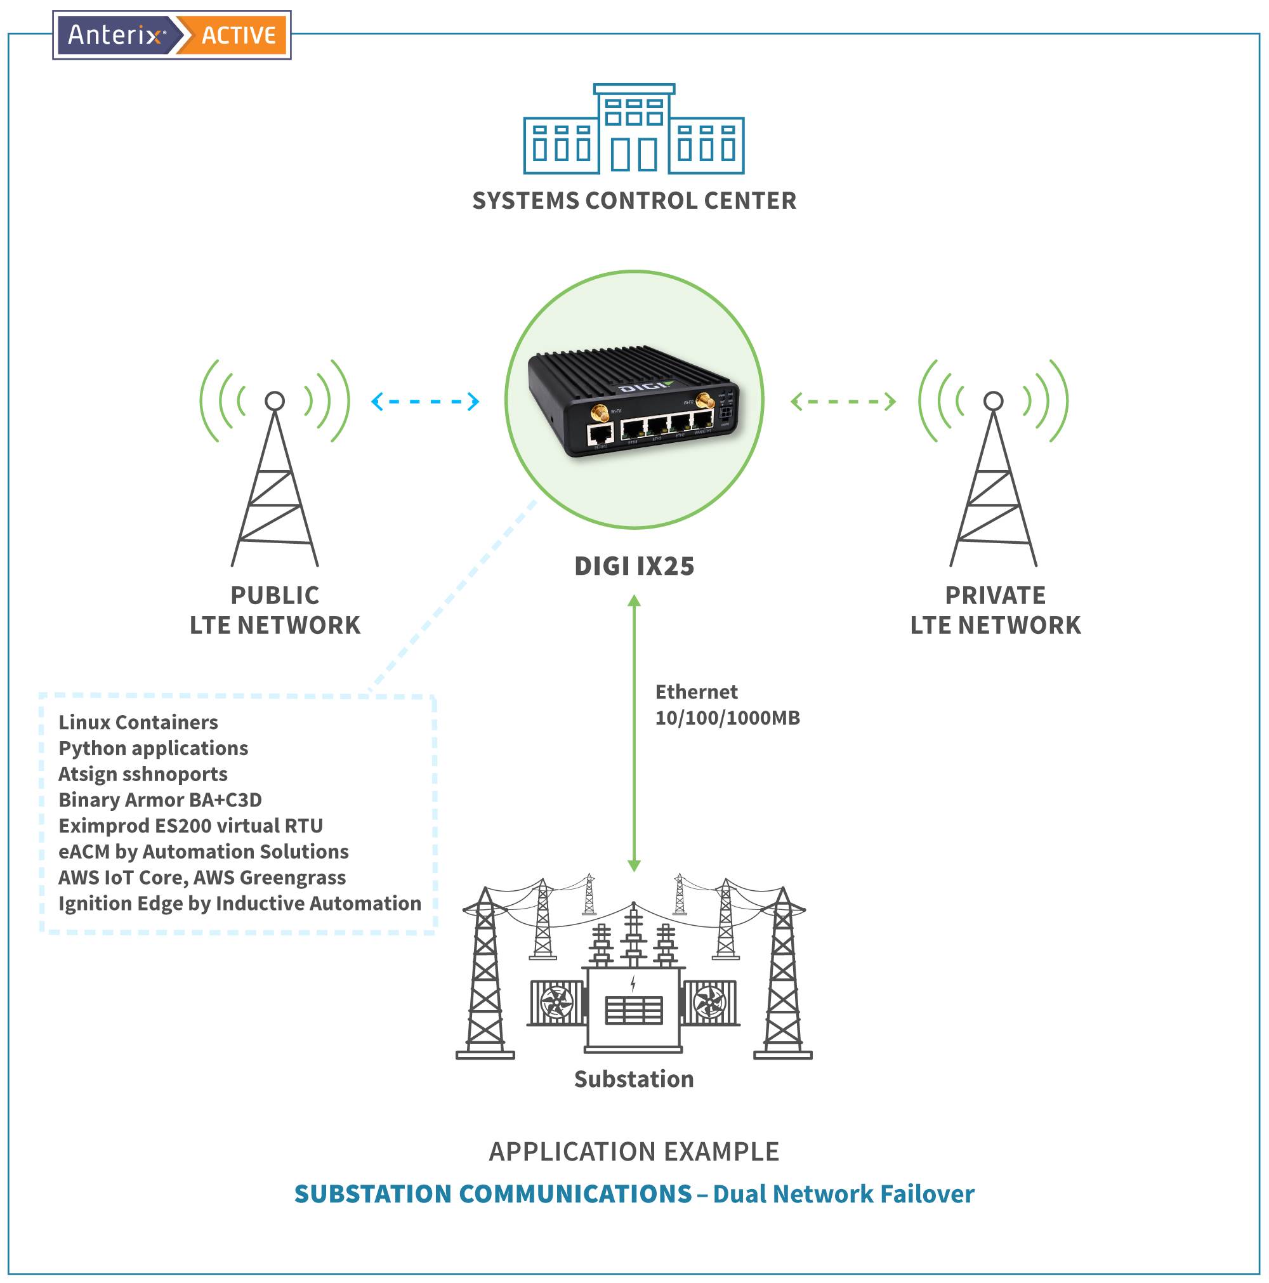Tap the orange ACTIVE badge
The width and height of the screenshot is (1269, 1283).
pyautogui.click(x=238, y=35)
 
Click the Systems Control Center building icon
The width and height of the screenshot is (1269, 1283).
pyautogui.click(x=633, y=130)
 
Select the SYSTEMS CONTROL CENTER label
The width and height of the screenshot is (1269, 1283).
pyautogui.click(x=633, y=201)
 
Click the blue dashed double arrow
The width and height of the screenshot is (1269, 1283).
pyautogui.click(x=425, y=401)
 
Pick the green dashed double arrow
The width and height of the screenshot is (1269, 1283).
pyautogui.click(x=843, y=401)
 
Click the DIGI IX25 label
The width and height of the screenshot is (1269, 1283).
pyautogui.click(x=633, y=566)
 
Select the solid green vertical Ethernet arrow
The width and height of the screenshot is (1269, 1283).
pyautogui.click(x=633, y=730)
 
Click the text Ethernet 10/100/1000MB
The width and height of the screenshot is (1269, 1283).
pyautogui.click(x=727, y=704)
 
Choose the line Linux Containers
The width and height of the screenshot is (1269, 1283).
pyautogui.click(x=138, y=722)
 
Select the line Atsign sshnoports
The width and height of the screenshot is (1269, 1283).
pyautogui.click(x=143, y=773)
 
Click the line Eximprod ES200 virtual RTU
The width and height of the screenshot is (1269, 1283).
pyautogui.click(x=190, y=826)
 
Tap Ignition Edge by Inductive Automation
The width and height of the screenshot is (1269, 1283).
pyautogui.click(x=240, y=903)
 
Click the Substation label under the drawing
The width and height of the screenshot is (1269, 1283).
pyautogui.click(x=633, y=1079)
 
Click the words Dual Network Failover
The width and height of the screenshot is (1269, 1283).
pyautogui.click(x=843, y=1194)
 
